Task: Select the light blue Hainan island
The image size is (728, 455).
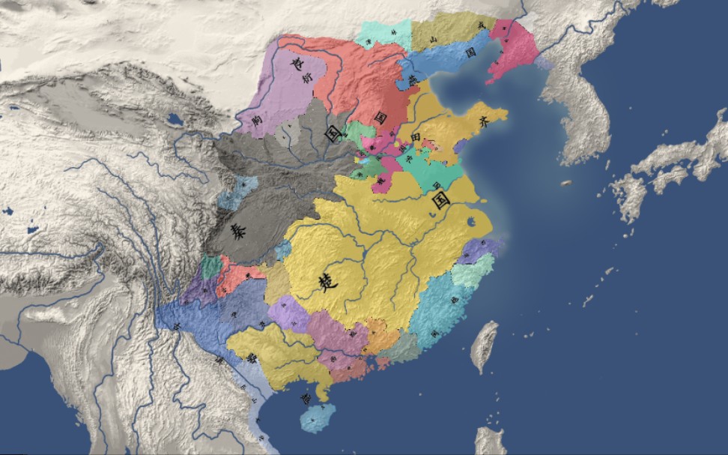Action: (318, 417)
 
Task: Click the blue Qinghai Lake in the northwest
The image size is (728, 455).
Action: (175, 118)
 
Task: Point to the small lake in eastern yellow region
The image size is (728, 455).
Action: (472, 221)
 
